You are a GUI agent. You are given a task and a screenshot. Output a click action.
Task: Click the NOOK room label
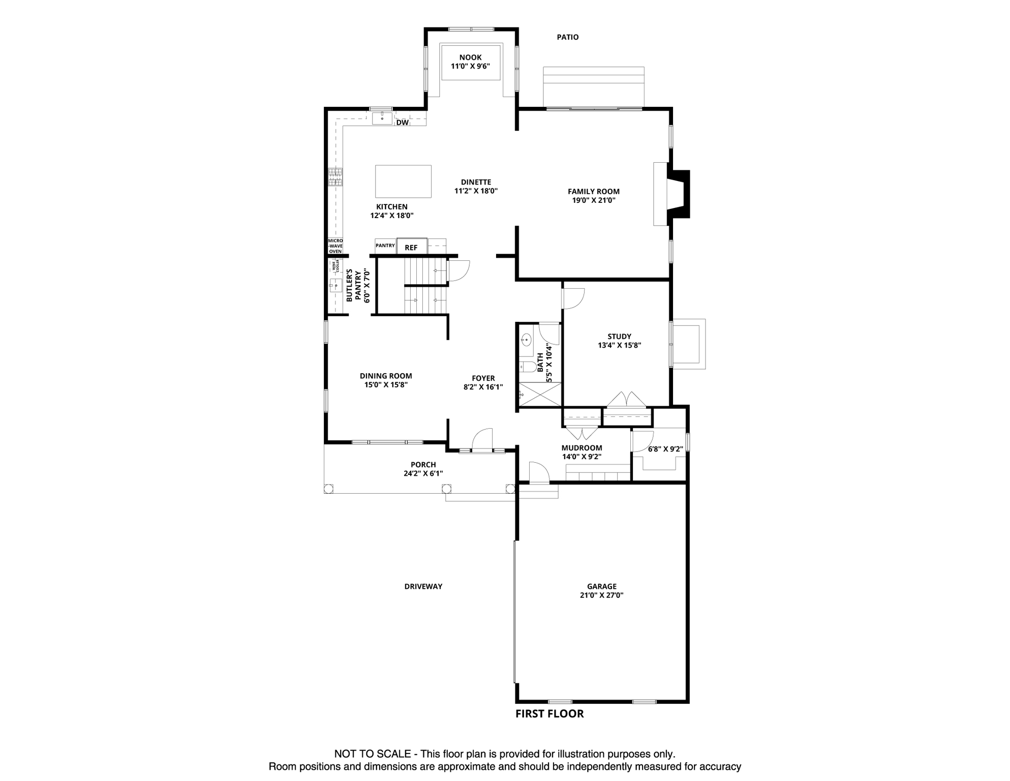coord(470,57)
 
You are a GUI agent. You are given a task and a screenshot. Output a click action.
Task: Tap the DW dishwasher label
coord(402,123)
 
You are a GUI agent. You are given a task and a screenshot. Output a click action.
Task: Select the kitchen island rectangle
coord(403,182)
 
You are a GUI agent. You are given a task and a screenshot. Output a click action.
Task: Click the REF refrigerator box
coord(411,247)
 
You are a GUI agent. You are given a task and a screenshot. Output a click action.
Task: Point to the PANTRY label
coord(385,246)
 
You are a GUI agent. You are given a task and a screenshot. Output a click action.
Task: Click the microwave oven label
coord(335,246)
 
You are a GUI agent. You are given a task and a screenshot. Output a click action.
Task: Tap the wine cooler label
coord(335,265)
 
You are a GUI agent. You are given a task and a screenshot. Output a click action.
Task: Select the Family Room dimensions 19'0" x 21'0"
coord(593,200)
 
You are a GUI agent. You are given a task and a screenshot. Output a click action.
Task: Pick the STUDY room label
coord(619,336)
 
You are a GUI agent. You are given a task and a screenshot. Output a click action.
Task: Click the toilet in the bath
coord(527,367)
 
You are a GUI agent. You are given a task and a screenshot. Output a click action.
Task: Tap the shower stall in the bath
coord(539,395)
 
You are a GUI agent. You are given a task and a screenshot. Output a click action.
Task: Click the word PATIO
coord(567,37)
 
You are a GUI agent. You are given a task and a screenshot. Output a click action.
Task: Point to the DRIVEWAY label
coord(423,586)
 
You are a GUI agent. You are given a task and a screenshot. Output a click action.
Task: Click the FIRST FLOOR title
coord(549,714)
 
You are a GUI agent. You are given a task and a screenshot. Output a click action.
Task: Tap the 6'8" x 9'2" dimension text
coord(665,449)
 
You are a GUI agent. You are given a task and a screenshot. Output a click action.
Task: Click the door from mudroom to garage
coord(538,473)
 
